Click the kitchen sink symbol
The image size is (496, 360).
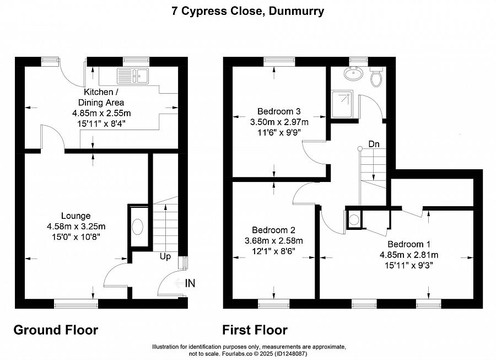click(133, 76)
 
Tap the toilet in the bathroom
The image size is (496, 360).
click(376, 77)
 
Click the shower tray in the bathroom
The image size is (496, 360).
click(342, 104)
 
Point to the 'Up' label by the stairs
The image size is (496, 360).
click(165, 256)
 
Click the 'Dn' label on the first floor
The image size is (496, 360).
click(374, 144)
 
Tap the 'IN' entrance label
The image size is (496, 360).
click(190, 283)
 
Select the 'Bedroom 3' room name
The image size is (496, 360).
click(279, 111)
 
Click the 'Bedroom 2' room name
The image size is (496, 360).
click(273, 230)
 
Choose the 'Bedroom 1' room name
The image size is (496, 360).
click(409, 244)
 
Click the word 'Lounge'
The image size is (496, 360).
click(76, 216)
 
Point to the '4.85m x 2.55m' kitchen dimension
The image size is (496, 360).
click(101, 113)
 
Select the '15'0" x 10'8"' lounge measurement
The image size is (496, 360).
click(76, 237)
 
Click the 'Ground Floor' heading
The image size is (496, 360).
click(56, 330)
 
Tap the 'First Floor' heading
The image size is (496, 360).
click(255, 330)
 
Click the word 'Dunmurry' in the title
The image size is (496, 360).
click(296, 11)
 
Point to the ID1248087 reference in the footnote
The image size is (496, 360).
click(290, 354)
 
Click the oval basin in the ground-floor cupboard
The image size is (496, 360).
click(138, 227)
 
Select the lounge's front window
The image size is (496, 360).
click(76, 304)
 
